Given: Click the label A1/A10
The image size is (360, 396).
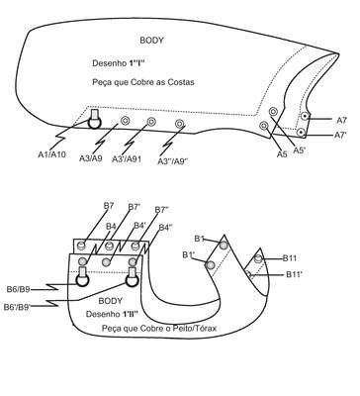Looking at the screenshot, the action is pyautogui.click(x=51, y=154).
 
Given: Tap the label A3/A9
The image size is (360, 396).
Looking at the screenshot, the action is pyautogui.click(x=91, y=158).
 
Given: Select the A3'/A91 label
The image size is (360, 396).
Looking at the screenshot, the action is pyautogui.click(x=127, y=158).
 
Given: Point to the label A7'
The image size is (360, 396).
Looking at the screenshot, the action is pyautogui.click(x=340, y=135).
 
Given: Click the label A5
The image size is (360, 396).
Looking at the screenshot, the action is pyautogui.click(x=282, y=153).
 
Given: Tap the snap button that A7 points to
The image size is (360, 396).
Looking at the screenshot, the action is pyautogui.click(x=306, y=116).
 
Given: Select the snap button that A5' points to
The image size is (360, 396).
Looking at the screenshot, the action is pyautogui.click(x=273, y=111).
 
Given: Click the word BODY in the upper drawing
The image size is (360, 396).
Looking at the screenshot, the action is pyautogui.click(x=151, y=41).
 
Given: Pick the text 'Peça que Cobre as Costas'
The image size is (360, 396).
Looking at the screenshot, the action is pyautogui.click(x=143, y=82).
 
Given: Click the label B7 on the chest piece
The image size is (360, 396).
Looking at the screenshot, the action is pyautogui.click(x=109, y=206).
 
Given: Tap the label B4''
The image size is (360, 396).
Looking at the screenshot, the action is pyautogui.click(x=166, y=228).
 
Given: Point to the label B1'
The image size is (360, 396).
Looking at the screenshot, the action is pyautogui.click(x=189, y=255).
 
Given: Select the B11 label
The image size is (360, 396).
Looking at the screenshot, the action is pyautogui.click(x=290, y=258).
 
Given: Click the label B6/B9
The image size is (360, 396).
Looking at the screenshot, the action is pyautogui.click(x=19, y=289).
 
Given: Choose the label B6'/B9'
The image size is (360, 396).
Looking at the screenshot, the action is pyautogui.click(x=17, y=307).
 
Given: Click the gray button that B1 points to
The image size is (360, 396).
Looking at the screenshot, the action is pyautogui.click(x=224, y=246).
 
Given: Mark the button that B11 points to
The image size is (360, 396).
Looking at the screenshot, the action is pyautogui.click(x=258, y=258).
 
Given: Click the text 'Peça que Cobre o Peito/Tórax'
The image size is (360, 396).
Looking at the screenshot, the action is pyautogui.click(x=159, y=329).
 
